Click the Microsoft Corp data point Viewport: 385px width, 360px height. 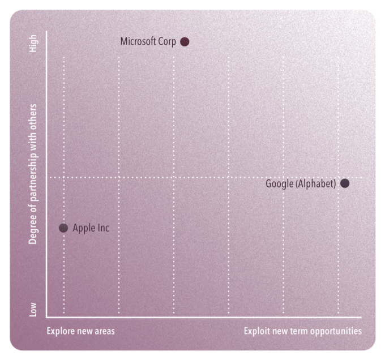click(185, 41)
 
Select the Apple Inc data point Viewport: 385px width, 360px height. click(63, 228)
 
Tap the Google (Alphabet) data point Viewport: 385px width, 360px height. click(345, 183)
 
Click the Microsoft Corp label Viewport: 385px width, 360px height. click(148, 41)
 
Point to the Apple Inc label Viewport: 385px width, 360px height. click(91, 228)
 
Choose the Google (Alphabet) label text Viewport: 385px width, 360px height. click(301, 183)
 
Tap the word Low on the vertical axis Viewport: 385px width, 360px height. click(33, 309)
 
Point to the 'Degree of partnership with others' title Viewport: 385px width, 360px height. click(33, 174)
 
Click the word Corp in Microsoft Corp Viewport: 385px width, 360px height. click(166, 41)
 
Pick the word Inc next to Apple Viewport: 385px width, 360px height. click(102, 228)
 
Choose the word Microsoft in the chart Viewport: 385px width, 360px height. click(138, 41)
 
